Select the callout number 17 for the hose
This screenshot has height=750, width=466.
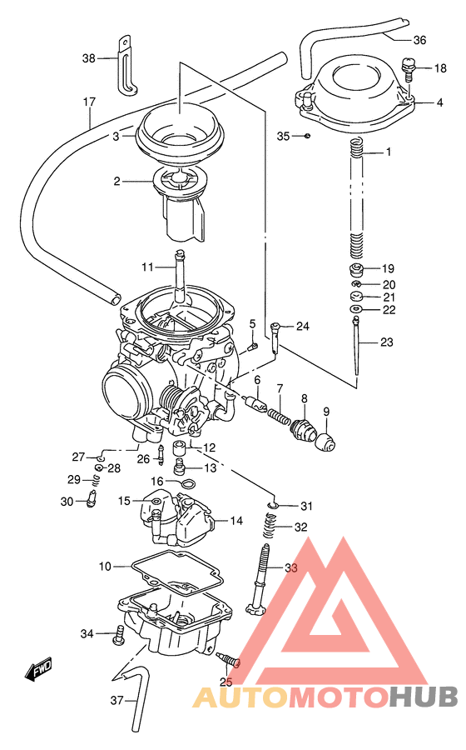coord(89,102)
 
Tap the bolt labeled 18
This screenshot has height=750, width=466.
coord(408,67)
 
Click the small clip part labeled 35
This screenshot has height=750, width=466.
coord(307,135)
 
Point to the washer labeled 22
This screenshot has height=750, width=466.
coord(355,310)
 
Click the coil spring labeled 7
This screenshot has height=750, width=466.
coord(280,412)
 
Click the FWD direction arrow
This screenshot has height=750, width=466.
coord(39,667)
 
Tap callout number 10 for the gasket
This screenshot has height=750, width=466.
coord(105,567)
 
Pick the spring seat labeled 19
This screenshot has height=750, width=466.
coord(356,269)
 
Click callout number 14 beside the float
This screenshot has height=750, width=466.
coord(236,521)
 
